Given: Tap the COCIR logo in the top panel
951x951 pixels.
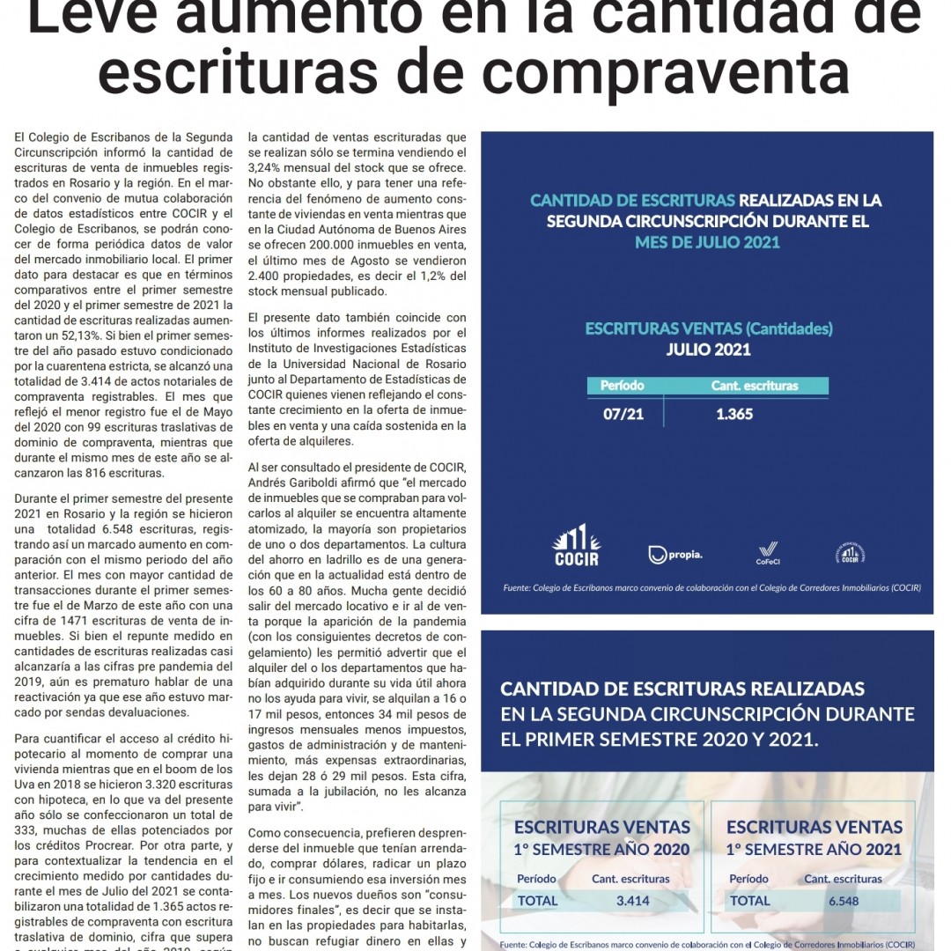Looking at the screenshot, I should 576,545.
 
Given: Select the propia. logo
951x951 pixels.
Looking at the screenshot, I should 675,554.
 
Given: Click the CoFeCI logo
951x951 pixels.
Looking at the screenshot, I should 768,551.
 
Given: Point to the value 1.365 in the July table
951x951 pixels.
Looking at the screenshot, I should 734,414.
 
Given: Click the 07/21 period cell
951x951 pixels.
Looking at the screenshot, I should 623,414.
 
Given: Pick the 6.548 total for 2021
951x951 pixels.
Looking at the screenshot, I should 843,901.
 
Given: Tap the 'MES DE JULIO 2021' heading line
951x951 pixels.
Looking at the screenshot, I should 707,242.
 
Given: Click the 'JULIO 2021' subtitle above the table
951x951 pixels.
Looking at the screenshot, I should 708,350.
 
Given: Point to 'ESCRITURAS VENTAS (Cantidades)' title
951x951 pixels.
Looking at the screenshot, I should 708,329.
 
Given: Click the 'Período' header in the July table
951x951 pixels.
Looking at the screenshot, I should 623,386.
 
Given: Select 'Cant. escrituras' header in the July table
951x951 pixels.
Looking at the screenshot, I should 755,386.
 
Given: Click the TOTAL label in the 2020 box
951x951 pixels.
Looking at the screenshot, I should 537,901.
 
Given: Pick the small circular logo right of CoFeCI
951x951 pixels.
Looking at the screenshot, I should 850,553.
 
